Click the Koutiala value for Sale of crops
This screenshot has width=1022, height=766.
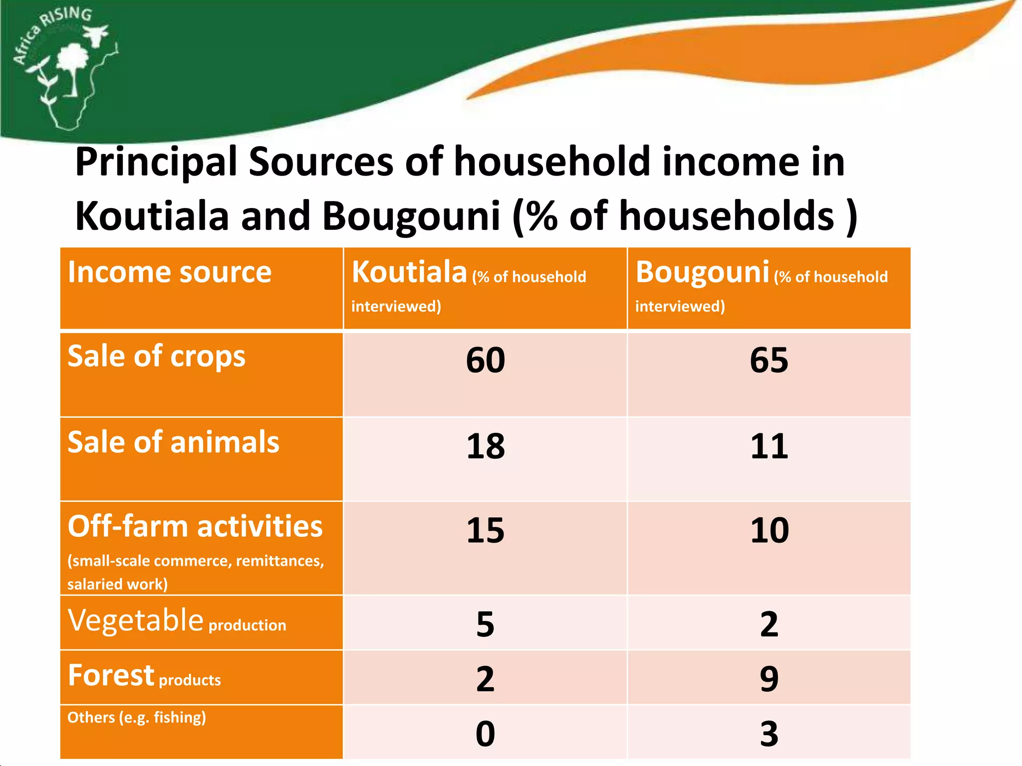click(x=485, y=360)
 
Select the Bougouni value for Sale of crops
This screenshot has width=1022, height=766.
click(x=769, y=360)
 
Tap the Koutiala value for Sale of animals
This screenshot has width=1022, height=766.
click(x=485, y=446)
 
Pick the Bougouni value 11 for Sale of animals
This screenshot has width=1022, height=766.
click(x=769, y=446)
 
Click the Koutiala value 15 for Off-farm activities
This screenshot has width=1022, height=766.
click(x=485, y=530)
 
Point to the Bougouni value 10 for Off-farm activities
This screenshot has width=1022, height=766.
click(x=769, y=530)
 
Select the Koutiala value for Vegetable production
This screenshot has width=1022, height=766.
click(x=485, y=624)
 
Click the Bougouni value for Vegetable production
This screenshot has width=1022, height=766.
click(x=769, y=624)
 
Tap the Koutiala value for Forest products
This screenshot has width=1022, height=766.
click(x=485, y=679)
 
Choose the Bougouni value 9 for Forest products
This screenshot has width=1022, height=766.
click(x=769, y=679)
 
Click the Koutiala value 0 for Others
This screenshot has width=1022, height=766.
click(x=485, y=734)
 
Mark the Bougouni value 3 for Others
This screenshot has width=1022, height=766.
click(x=769, y=734)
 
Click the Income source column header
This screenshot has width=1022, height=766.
click(x=169, y=272)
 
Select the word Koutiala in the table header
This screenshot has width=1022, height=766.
click(x=409, y=272)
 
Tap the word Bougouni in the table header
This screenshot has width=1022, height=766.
click(x=702, y=273)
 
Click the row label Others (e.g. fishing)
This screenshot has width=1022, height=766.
click(x=136, y=717)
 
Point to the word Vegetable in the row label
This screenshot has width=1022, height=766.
click(x=135, y=621)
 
